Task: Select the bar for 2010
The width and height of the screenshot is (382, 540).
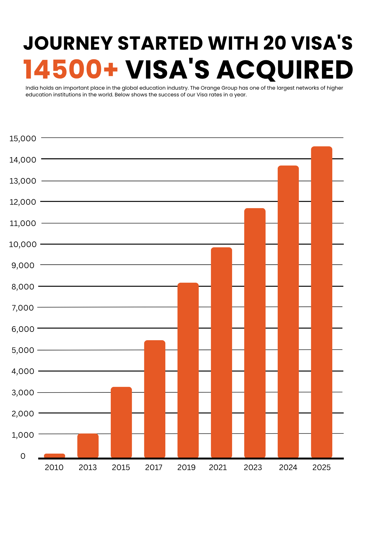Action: (x=55, y=455)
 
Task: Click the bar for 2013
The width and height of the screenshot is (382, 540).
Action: (x=88, y=446)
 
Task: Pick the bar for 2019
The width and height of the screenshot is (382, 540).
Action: (x=188, y=370)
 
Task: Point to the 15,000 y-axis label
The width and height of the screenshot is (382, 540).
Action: (x=23, y=139)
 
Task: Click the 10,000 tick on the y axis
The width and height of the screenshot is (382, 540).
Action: (x=23, y=244)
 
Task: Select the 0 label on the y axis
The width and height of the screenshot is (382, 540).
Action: (x=23, y=456)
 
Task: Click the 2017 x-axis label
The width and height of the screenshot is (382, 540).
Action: (x=154, y=467)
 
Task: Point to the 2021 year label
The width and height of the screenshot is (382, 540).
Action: (x=218, y=467)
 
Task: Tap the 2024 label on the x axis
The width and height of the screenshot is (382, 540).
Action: (x=288, y=467)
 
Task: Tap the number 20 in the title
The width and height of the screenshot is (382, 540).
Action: (x=274, y=43)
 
